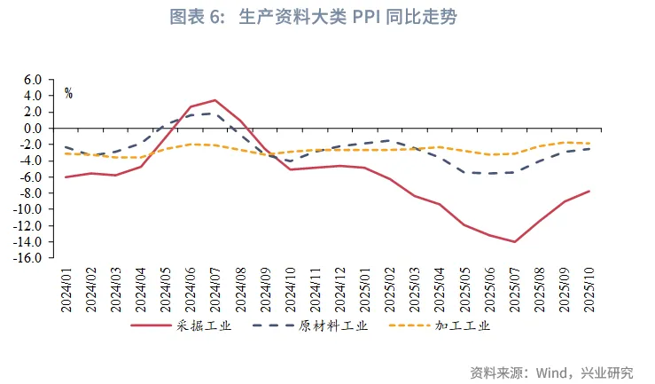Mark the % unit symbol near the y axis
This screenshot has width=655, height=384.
pyautogui.click(x=68, y=94)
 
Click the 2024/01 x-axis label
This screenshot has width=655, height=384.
pyautogui.click(x=66, y=286)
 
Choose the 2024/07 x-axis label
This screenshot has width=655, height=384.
pyautogui.click(x=215, y=286)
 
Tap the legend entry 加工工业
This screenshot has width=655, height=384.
pyautogui.click(x=462, y=325)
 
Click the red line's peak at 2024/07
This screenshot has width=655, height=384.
pyautogui.click(x=215, y=100)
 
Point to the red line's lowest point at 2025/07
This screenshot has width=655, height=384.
pyautogui.click(x=514, y=241)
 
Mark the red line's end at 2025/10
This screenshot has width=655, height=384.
pyautogui.click(x=588, y=191)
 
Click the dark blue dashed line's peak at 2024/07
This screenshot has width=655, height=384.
pyautogui.click(x=215, y=114)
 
